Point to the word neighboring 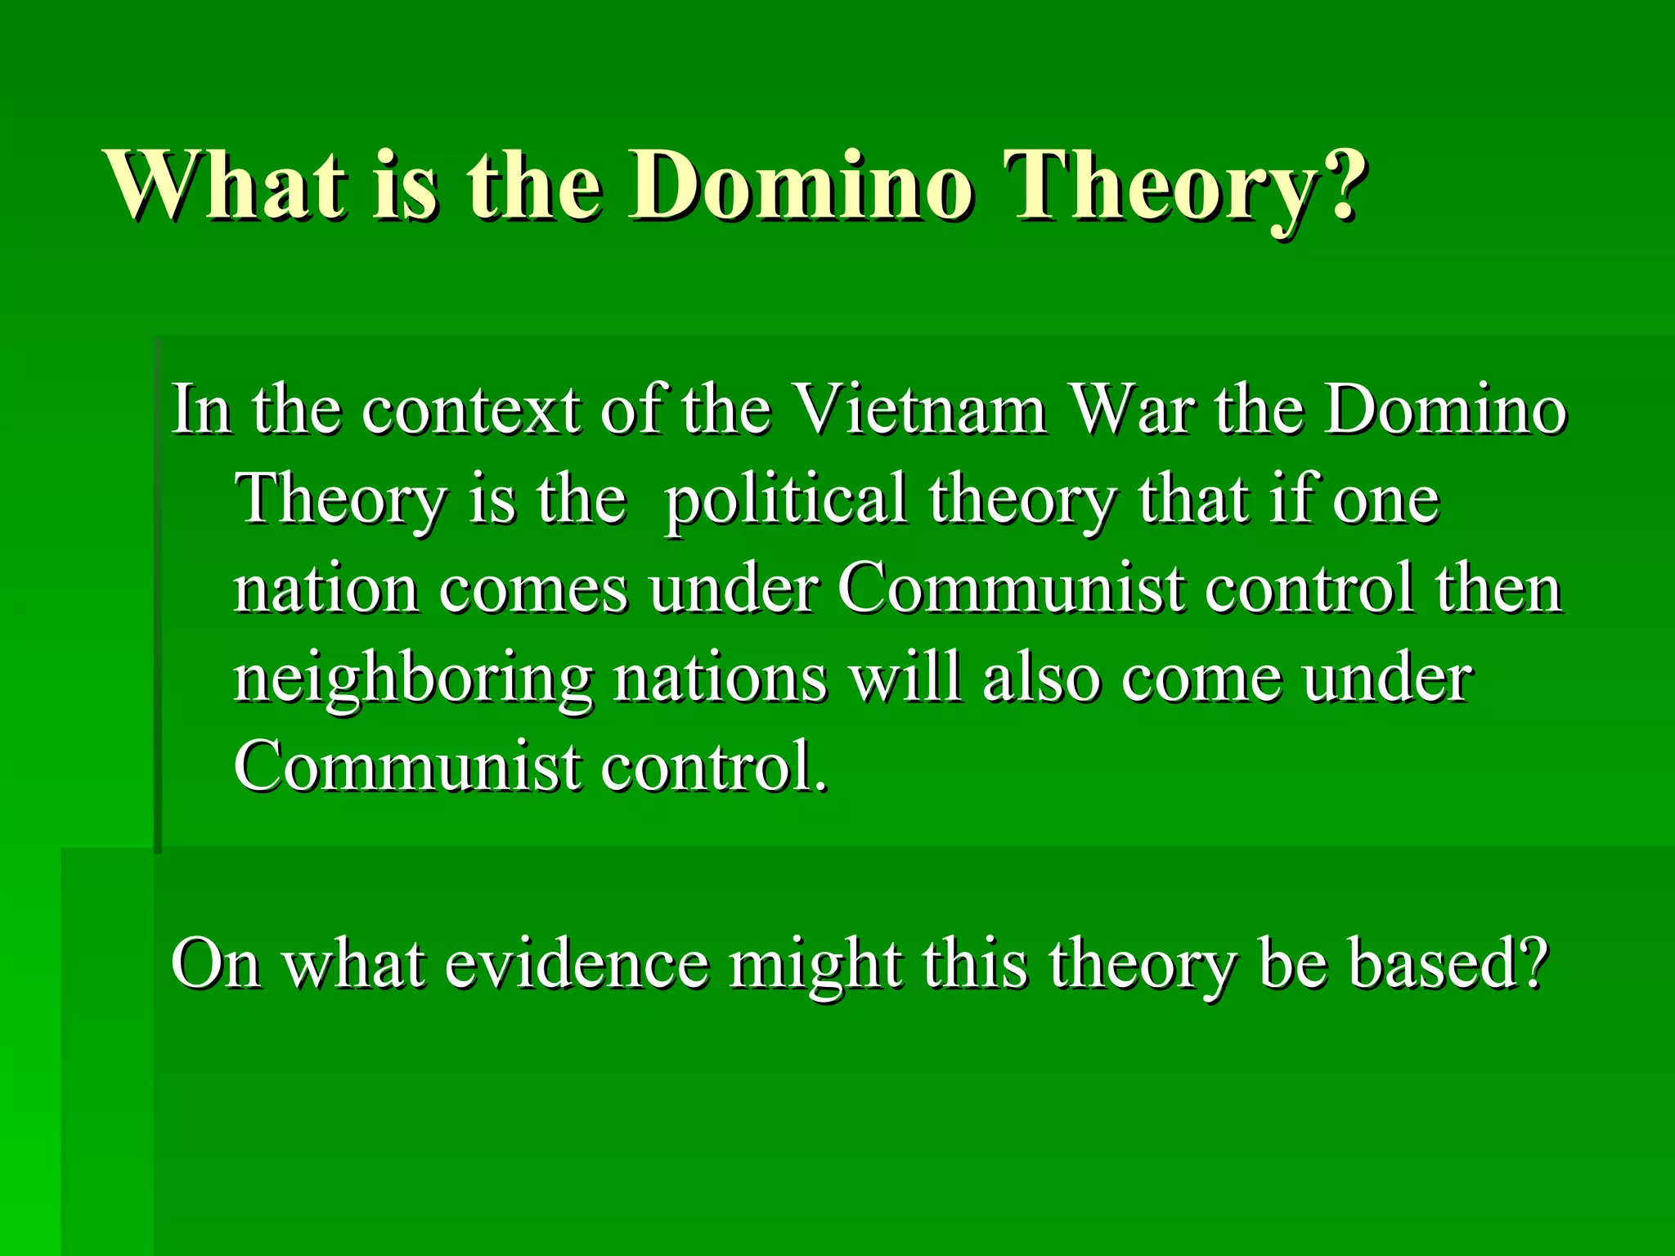(413, 680)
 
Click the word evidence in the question (577, 965)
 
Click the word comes (532, 590)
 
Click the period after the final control (820, 787)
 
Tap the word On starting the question (215, 965)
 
